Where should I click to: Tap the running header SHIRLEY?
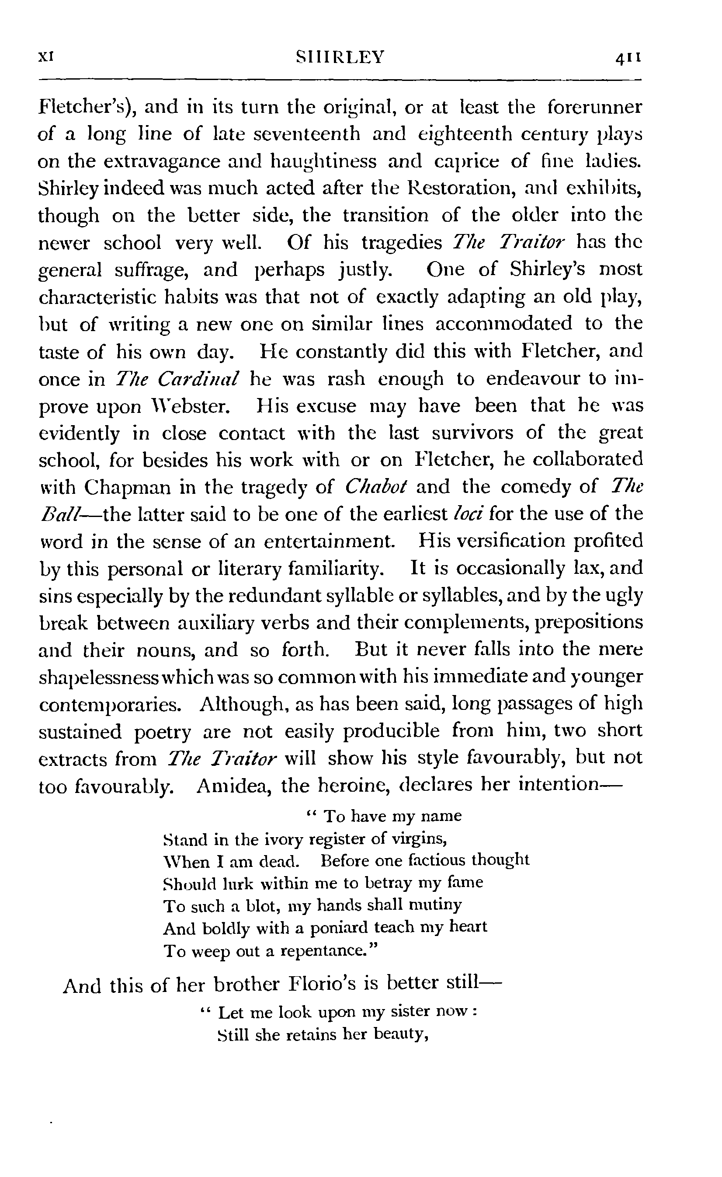coord(340,58)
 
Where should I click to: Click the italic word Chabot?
coord(375,487)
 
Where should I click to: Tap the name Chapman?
coord(128,487)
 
